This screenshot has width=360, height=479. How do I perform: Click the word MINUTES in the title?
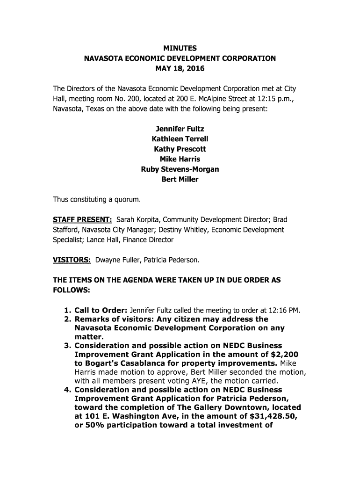(x=180, y=48)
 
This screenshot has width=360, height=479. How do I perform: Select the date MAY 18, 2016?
(x=180, y=69)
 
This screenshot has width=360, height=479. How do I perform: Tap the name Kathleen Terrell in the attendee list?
(x=180, y=139)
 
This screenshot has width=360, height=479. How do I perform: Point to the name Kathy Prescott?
(x=180, y=149)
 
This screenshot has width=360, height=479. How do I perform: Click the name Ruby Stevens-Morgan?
(x=180, y=169)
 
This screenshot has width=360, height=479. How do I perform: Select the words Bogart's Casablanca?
(x=120, y=363)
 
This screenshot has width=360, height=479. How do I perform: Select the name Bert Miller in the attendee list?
(x=180, y=180)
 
